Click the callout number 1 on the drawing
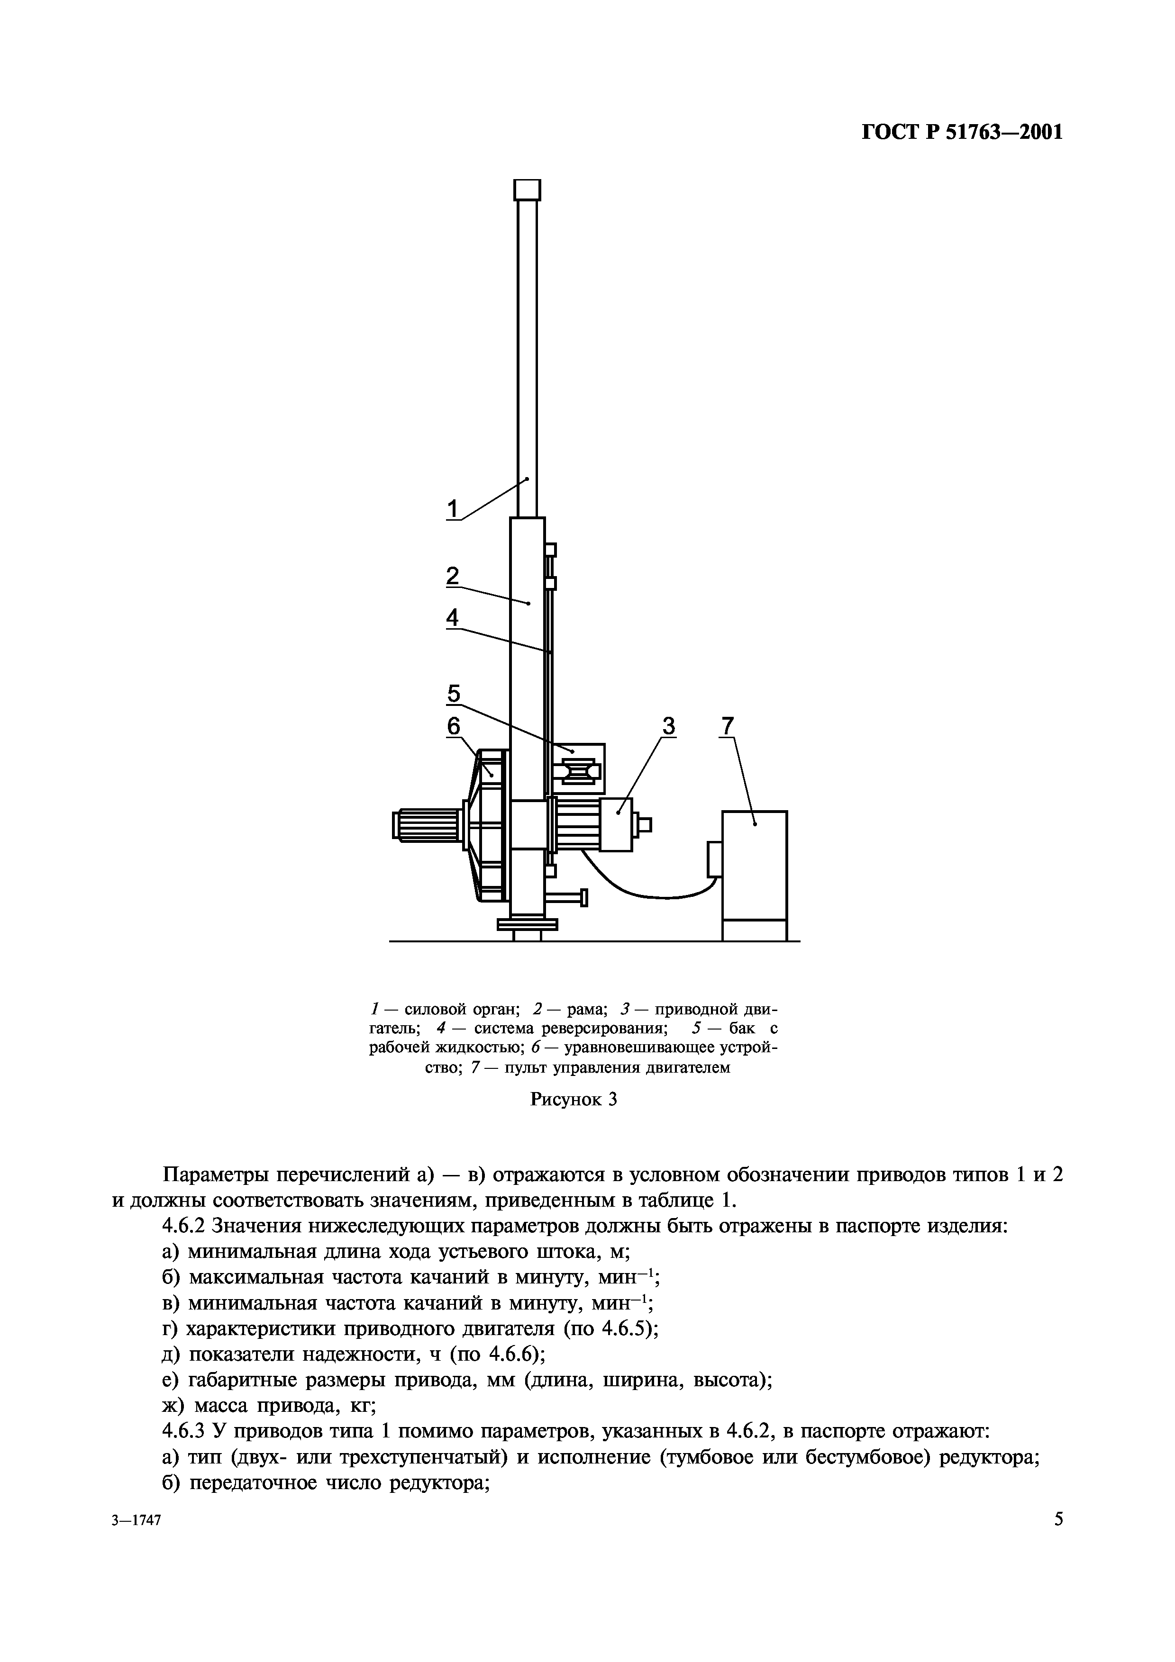click(453, 510)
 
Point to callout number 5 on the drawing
click(453, 694)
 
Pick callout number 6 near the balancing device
click(453, 726)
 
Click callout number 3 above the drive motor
click(668, 725)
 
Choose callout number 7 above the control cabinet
click(727, 725)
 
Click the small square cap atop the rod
click(527, 190)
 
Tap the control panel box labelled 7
click(755, 866)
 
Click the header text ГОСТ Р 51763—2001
click(962, 133)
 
